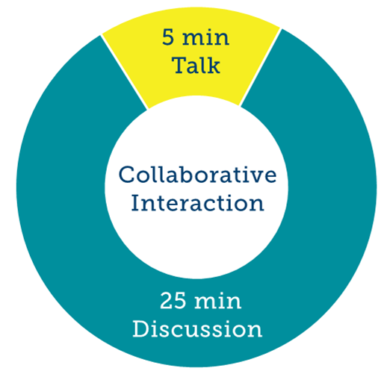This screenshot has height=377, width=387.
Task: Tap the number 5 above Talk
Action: pos(168,37)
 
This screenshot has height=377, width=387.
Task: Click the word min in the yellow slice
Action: pos(205,38)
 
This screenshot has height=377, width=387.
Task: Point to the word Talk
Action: pos(196,65)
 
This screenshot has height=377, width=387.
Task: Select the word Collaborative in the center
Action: pos(197,175)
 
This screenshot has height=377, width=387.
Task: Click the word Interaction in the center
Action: pos(197,203)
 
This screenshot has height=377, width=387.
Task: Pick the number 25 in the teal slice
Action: pos(173,301)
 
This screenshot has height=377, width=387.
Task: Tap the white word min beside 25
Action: pos(217,301)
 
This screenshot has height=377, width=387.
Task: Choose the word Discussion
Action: pos(197,329)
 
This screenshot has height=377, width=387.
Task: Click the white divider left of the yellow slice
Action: pos(124,72)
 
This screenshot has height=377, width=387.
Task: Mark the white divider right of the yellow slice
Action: pos(260,67)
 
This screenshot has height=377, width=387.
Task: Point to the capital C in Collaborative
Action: pos(127,175)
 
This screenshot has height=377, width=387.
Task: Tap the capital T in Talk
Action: pos(180,65)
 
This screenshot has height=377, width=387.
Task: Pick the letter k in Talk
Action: pos(214,65)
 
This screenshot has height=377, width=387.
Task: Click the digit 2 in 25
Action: pos(167,301)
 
